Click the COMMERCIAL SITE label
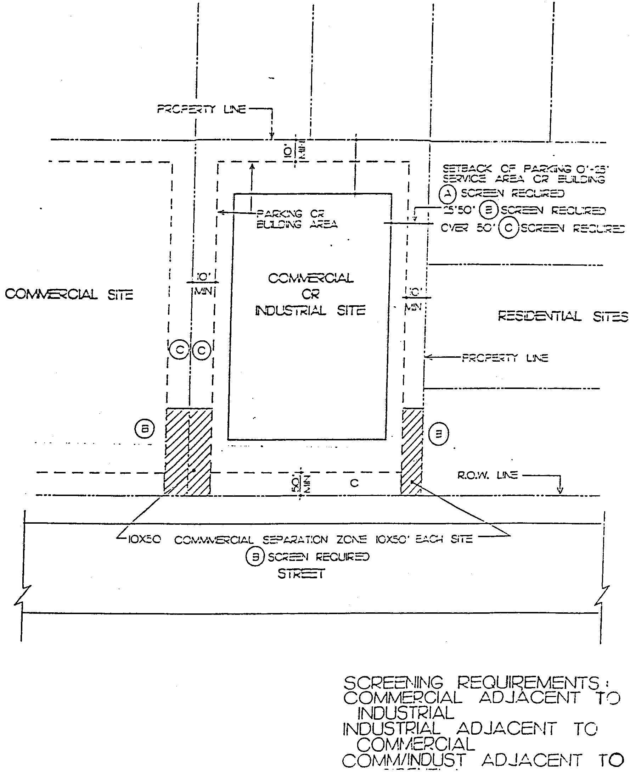[x=69, y=294]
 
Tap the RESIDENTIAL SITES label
[x=563, y=317]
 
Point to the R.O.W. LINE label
[x=487, y=475]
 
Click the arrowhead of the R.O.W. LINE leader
[x=560, y=491]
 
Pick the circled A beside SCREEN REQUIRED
[x=448, y=194]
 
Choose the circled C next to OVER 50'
[x=508, y=228]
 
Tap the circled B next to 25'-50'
[x=488, y=211]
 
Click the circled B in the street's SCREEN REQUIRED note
[x=255, y=557]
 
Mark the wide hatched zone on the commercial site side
[x=188, y=452]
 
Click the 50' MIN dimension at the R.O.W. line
[x=300, y=484]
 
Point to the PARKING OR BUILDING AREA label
[x=297, y=219]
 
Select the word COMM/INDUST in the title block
[x=404, y=760]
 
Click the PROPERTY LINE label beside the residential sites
[x=505, y=358]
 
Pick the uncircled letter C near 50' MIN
[x=354, y=483]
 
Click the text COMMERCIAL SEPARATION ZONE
[x=271, y=540]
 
